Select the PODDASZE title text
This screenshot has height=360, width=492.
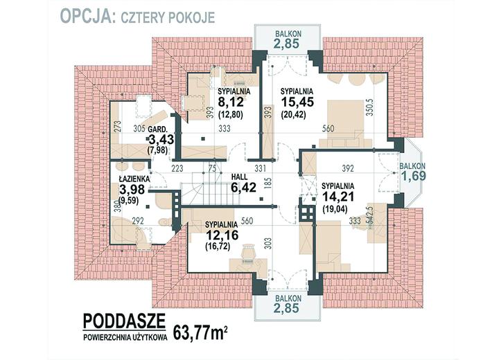point(124,321)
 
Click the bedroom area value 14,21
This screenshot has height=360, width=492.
point(337,197)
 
